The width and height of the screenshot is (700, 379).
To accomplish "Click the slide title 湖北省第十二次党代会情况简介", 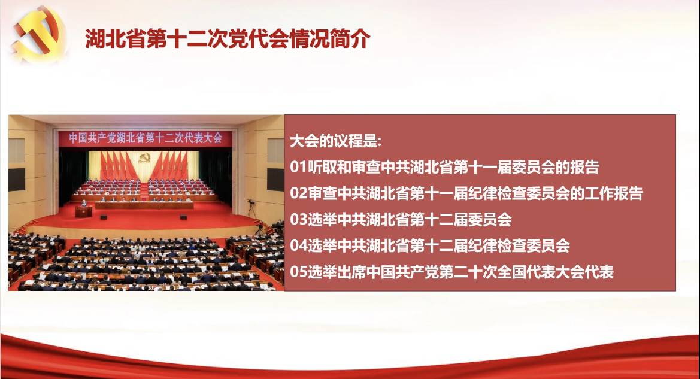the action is pyautogui.click(x=228, y=38).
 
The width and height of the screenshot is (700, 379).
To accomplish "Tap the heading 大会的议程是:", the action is pyautogui.click(x=336, y=141).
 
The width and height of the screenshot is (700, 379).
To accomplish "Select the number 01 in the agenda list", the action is pyautogui.click(x=299, y=167).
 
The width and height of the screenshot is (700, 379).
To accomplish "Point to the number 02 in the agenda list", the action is pyautogui.click(x=299, y=193).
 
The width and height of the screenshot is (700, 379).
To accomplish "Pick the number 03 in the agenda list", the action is pyautogui.click(x=299, y=219).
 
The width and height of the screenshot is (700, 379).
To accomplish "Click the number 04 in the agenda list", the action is pyautogui.click(x=299, y=245).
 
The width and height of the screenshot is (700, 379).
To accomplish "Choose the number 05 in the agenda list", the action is pyautogui.click(x=299, y=271).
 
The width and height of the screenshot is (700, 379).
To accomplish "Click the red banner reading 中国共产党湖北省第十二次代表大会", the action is pyautogui.click(x=146, y=138).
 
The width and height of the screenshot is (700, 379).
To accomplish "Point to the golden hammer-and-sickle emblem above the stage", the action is pyautogui.click(x=144, y=157).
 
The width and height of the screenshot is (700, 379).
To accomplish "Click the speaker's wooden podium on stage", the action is pyautogui.click(x=83, y=211).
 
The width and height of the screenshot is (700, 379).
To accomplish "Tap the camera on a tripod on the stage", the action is pyautogui.click(x=251, y=208).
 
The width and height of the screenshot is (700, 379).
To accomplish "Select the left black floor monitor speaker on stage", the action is pyautogui.click(x=103, y=217).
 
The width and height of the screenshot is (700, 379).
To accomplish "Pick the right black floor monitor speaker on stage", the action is pyautogui.click(x=183, y=217).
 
